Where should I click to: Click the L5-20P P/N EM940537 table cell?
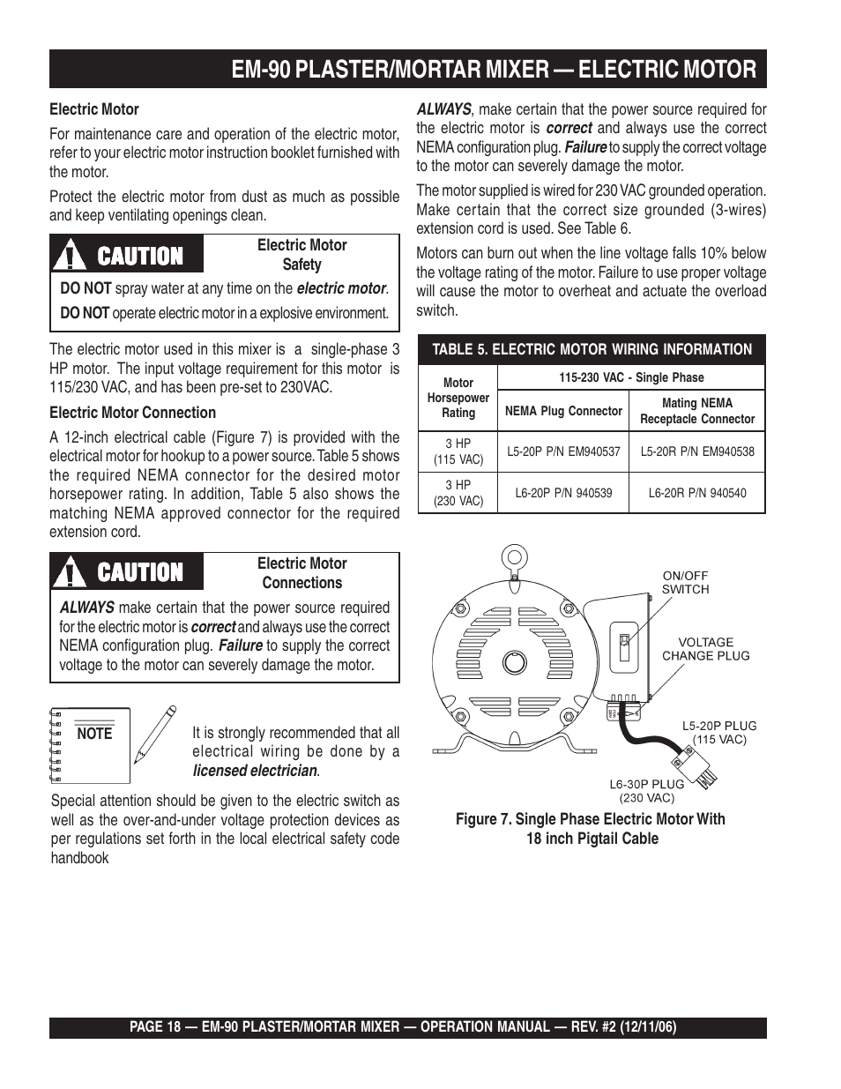click(563, 451)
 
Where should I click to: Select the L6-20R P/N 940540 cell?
click(696, 493)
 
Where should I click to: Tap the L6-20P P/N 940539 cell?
click(563, 493)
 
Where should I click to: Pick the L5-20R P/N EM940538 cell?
click(696, 451)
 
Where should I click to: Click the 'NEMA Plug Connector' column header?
click(563, 410)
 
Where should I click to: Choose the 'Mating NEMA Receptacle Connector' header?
click(696, 410)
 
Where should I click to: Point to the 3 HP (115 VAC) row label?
click(458, 451)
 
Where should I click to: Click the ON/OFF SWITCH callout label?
click(685, 583)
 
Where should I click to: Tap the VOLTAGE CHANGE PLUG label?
click(705, 649)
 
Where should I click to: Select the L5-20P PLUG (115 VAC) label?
click(719, 733)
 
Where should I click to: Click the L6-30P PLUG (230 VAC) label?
click(647, 790)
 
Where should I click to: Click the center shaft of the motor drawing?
click(514, 663)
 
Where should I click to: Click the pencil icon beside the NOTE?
click(154, 734)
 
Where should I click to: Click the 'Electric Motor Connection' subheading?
click(132, 413)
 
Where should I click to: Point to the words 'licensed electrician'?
click(255, 771)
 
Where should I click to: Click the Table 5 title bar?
click(592, 349)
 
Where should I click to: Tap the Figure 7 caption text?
click(592, 829)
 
